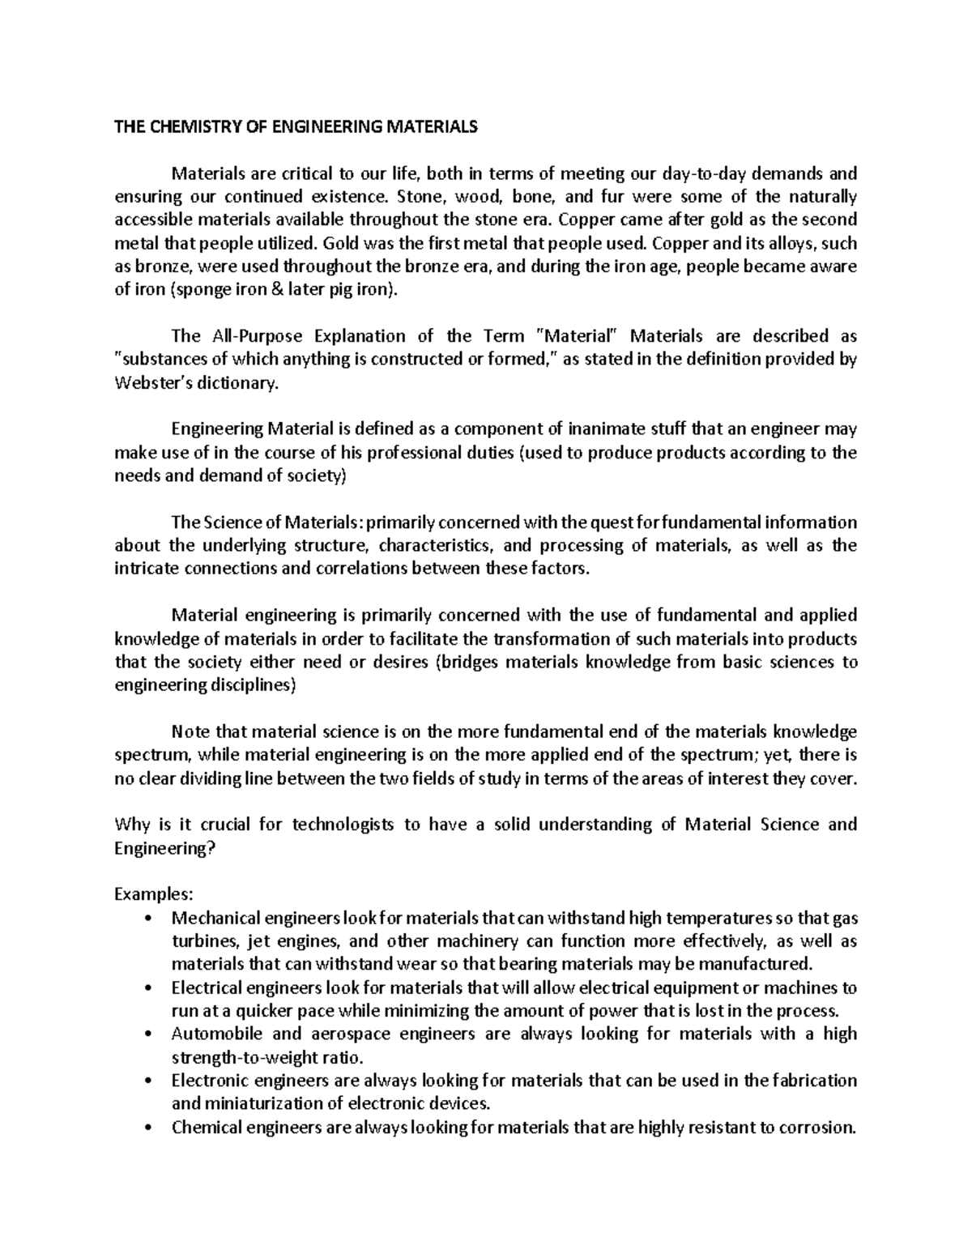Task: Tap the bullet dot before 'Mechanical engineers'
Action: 147,919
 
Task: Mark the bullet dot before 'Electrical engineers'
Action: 147,989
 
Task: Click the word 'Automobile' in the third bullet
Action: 211,1034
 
